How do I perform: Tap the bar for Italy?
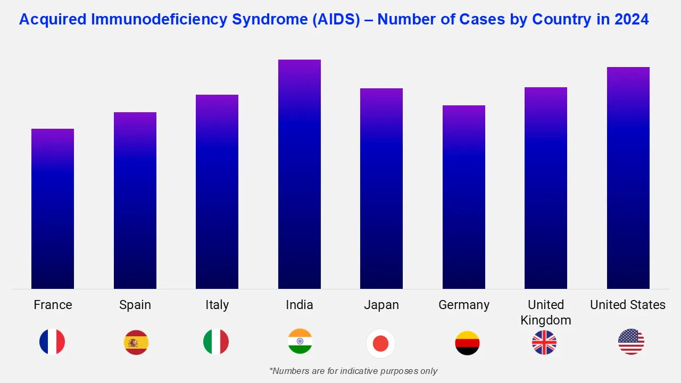[x=217, y=191]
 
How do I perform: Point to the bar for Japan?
[x=381, y=188]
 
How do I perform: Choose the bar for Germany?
[x=464, y=197]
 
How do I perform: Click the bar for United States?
[x=628, y=178]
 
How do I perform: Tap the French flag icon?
[x=52, y=342]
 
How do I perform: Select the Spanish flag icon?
[x=136, y=343]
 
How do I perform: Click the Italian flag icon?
[x=216, y=342]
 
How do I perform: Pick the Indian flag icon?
[x=300, y=342]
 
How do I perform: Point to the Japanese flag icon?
[x=381, y=344]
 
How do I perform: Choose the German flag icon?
[x=467, y=343]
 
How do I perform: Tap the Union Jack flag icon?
[x=544, y=343]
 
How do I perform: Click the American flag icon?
[x=631, y=342]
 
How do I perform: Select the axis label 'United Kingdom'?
[x=546, y=312]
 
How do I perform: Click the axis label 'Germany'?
[x=464, y=305]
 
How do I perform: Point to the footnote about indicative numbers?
[x=353, y=371]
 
